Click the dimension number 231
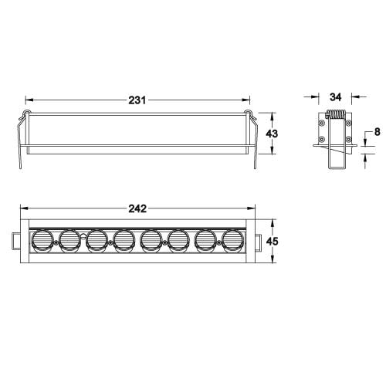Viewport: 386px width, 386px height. (x=137, y=100)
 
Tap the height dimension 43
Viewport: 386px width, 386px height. (x=271, y=133)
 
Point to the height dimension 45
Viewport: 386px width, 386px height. (x=271, y=241)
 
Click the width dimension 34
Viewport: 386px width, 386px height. (x=335, y=97)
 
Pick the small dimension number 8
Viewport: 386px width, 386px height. (x=376, y=133)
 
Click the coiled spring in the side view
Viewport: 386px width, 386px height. (x=334, y=115)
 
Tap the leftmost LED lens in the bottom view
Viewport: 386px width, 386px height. (x=41, y=241)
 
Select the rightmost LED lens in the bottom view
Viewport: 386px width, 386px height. (x=233, y=241)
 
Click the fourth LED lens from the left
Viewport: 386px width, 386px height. (x=124, y=241)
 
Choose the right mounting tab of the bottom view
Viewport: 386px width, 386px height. (x=258, y=241)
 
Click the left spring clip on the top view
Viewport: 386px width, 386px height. (x=22, y=139)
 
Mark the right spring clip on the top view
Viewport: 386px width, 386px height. (x=251, y=139)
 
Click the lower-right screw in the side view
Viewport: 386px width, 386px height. (x=349, y=139)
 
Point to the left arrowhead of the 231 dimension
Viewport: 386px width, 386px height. (x=29, y=100)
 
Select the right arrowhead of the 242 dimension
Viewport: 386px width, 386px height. (x=252, y=209)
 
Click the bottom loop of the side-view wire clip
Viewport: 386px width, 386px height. (x=335, y=168)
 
